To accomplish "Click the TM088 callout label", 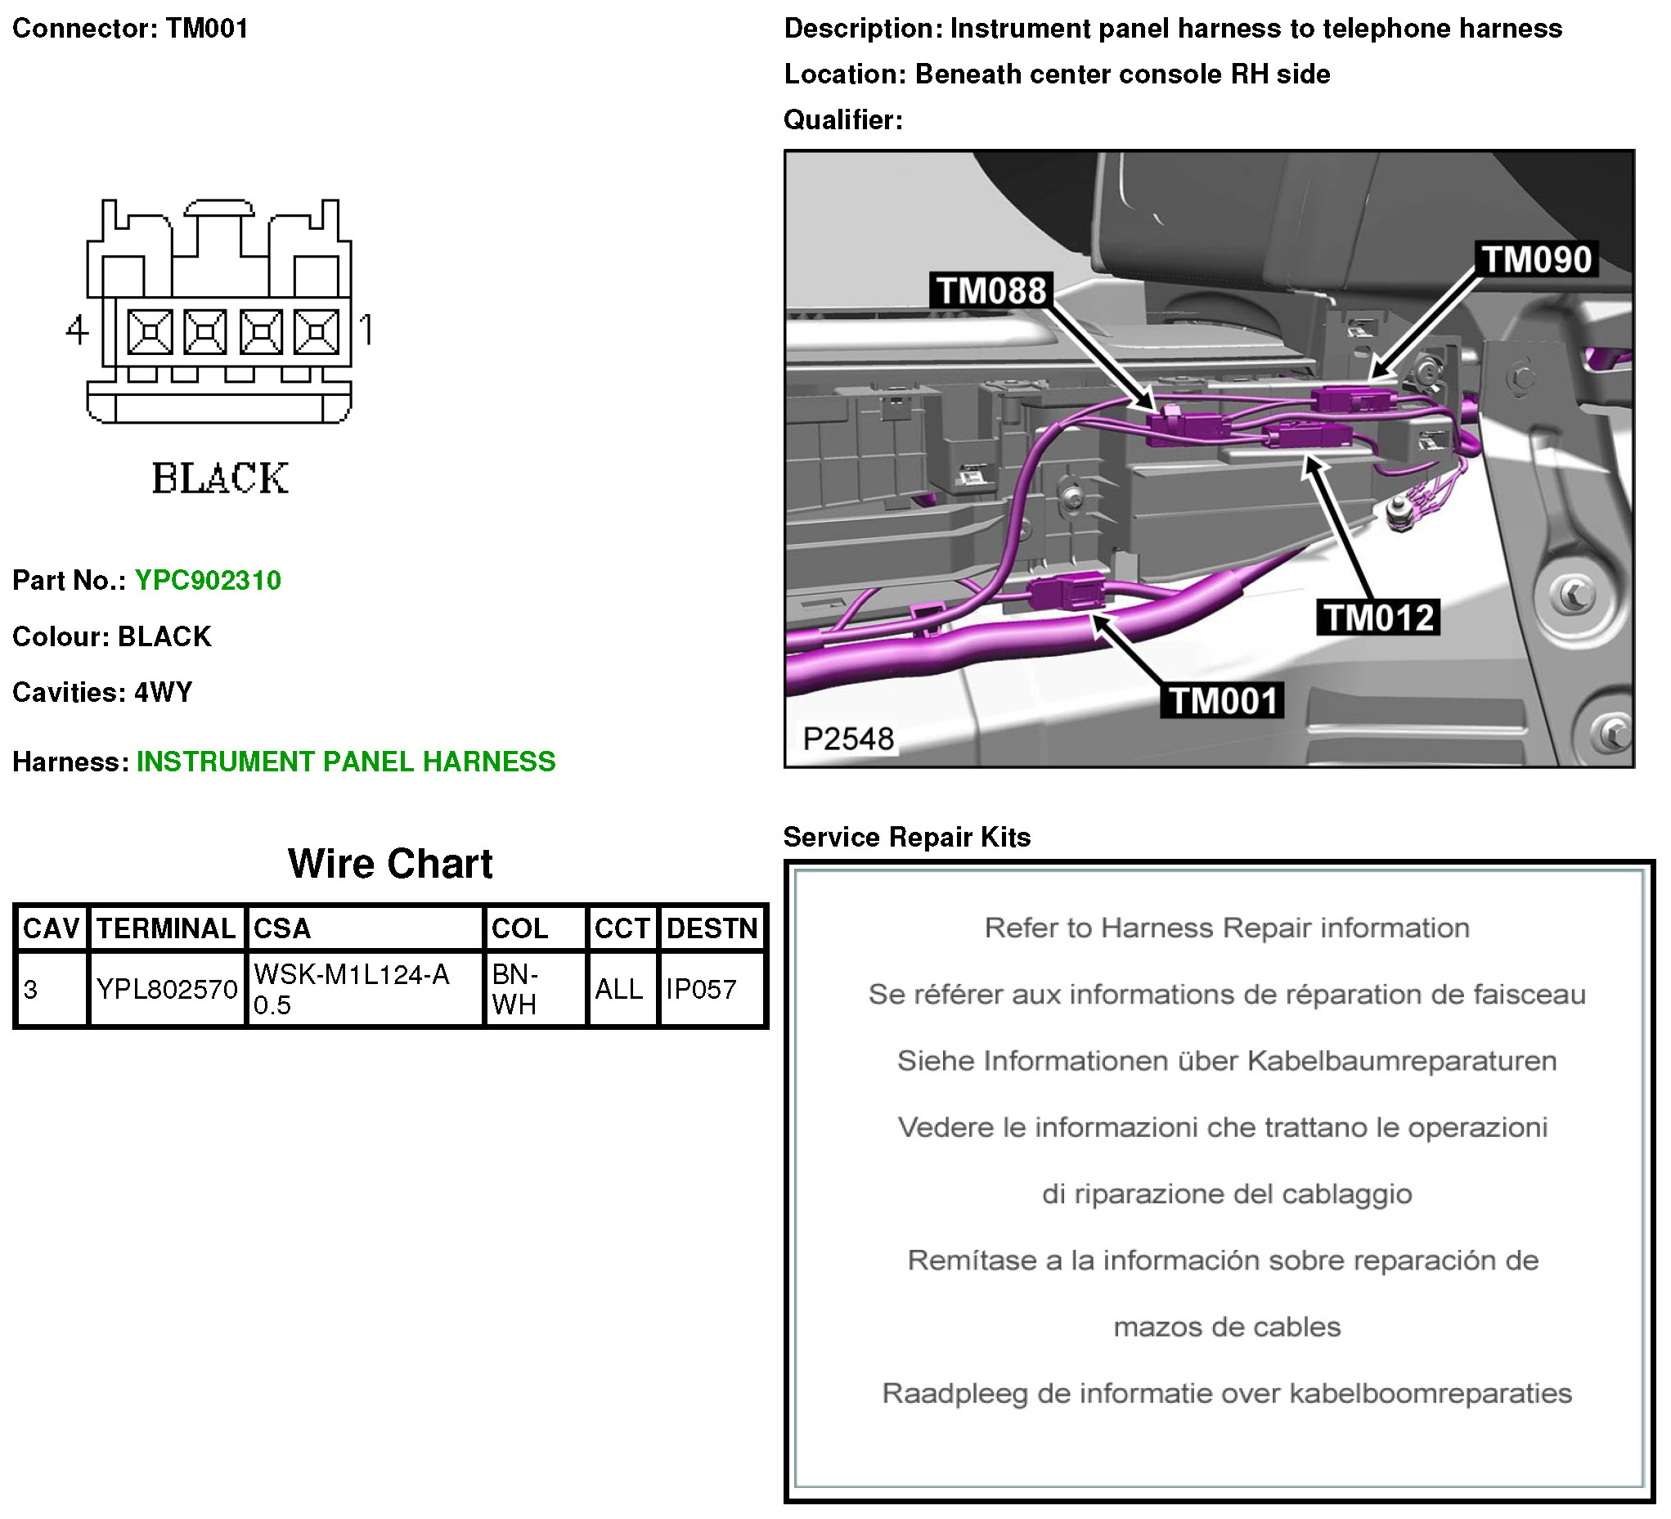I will [x=990, y=291].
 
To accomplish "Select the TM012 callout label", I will [x=1378, y=618].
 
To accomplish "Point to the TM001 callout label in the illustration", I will [x=1223, y=702].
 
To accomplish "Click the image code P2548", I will [x=848, y=739].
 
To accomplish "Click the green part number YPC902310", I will [x=207, y=581].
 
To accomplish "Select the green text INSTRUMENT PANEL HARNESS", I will [x=346, y=762].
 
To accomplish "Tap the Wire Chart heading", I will [x=389, y=863].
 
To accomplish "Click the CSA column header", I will [x=282, y=928].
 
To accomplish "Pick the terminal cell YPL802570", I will [x=167, y=988].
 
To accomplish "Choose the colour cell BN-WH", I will [x=514, y=988].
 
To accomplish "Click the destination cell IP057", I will [x=701, y=988].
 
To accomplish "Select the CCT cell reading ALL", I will [x=618, y=988].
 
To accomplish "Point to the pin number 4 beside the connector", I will [x=77, y=330].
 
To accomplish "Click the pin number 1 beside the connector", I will [x=366, y=329].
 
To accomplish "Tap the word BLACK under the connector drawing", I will [x=220, y=479].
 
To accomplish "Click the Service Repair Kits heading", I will [x=907, y=837].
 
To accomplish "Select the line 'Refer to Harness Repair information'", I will [x=1227, y=928].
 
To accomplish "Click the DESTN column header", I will [x=712, y=928].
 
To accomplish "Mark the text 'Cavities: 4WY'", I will [x=102, y=691].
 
